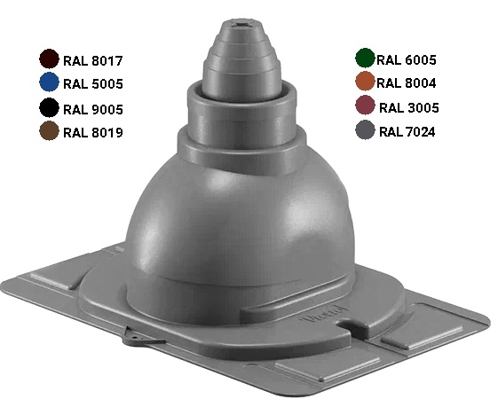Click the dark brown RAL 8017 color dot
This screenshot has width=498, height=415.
click(49, 59)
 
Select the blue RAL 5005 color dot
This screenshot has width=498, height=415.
click(49, 82)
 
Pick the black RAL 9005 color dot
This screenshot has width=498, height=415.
click(49, 107)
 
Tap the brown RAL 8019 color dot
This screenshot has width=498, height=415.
click(49, 130)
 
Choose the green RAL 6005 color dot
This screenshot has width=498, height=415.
click(365, 58)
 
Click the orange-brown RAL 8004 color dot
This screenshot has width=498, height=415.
click(365, 82)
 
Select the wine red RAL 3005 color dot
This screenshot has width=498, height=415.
click(365, 105)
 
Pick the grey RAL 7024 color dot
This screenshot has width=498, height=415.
click(365, 129)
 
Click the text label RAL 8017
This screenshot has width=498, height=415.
click(92, 61)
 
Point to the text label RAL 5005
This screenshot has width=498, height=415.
click(93, 84)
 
